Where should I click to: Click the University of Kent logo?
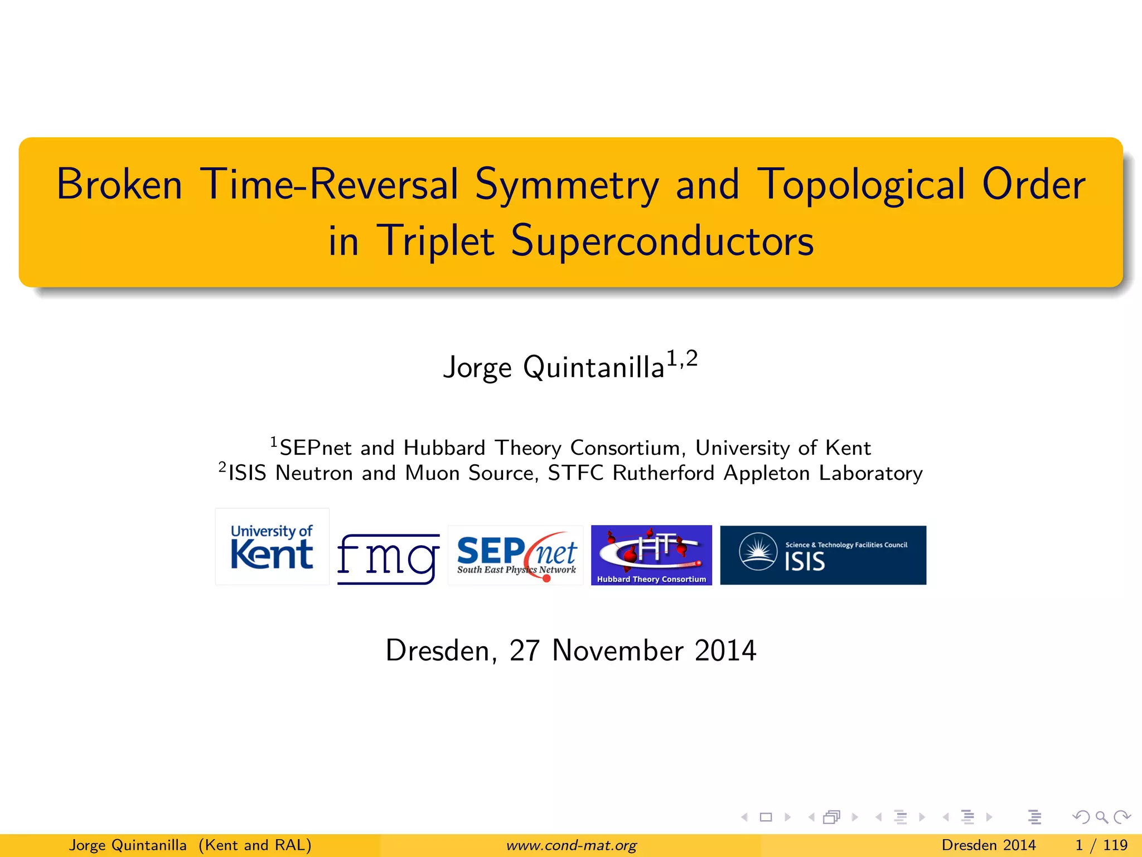(x=272, y=547)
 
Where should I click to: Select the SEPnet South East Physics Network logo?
(x=516, y=556)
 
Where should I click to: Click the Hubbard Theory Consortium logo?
(x=651, y=555)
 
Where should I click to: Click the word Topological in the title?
(x=861, y=184)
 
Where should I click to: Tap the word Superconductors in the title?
(x=662, y=241)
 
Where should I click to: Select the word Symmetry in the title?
(x=567, y=185)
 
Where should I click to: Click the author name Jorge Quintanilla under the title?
(x=553, y=368)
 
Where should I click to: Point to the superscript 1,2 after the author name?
(x=682, y=359)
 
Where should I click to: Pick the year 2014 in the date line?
(x=725, y=651)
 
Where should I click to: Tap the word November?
(x=618, y=651)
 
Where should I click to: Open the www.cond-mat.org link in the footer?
(x=571, y=845)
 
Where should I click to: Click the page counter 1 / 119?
(x=1101, y=845)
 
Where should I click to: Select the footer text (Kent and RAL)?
(x=255, y=845)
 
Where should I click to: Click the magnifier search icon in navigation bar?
(x=1101, y=817)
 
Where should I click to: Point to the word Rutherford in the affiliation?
(x=663, y=473)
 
